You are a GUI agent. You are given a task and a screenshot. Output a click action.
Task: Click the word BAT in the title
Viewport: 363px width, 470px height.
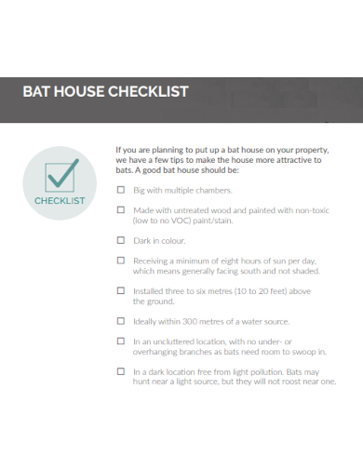tap(36, 91)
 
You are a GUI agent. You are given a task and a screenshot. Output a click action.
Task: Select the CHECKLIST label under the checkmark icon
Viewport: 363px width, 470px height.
tap(60, 200)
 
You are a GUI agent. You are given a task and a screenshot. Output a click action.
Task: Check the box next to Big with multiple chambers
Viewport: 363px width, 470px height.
tap(120, 190)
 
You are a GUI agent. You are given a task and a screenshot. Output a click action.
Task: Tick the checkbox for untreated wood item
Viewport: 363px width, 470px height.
tap(120, 210)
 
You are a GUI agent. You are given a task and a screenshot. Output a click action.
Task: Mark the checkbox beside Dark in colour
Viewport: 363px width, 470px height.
tap(120, 240)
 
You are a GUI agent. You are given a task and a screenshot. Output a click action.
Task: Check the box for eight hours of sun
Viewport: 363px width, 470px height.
tap(120, 262)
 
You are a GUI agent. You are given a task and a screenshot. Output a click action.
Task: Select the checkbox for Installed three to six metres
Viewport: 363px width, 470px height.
tap(120, 290)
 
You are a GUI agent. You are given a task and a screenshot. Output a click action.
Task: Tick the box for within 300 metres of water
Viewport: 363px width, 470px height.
tap(120, 321)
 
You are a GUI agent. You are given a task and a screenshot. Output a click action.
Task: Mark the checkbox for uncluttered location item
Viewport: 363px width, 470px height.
tap(120, 342)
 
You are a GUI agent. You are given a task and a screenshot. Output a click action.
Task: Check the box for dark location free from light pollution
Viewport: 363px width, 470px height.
tap(120, 371)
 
